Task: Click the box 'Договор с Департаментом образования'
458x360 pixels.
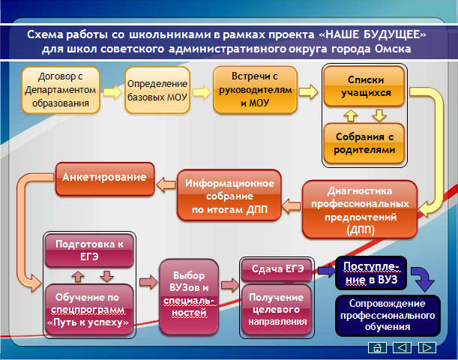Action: pos(61,90)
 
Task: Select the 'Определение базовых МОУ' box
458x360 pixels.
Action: pos(157,90)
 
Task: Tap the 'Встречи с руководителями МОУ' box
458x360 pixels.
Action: pos(255,90)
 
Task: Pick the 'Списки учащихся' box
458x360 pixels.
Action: pos(364,86)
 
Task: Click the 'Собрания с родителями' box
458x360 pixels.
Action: pos(364,143)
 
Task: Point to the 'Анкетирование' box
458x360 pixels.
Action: pos(105,178)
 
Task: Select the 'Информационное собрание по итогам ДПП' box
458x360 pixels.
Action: pos(229,195)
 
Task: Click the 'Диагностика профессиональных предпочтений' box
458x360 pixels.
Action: pos(360,209)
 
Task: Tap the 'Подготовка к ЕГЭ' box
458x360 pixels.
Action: pos(89,250)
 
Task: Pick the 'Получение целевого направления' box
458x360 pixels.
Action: pos(277,310)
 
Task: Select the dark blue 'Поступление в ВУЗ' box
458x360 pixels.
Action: pos(371,273)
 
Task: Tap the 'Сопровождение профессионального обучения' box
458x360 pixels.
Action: pos(388,316)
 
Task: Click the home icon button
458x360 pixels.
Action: pos(377,347)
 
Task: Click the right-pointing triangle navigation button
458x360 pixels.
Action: pos(427,347)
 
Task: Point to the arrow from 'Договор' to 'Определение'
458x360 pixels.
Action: pos(112,92)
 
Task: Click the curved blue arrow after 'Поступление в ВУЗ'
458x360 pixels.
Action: pos(424,279)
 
